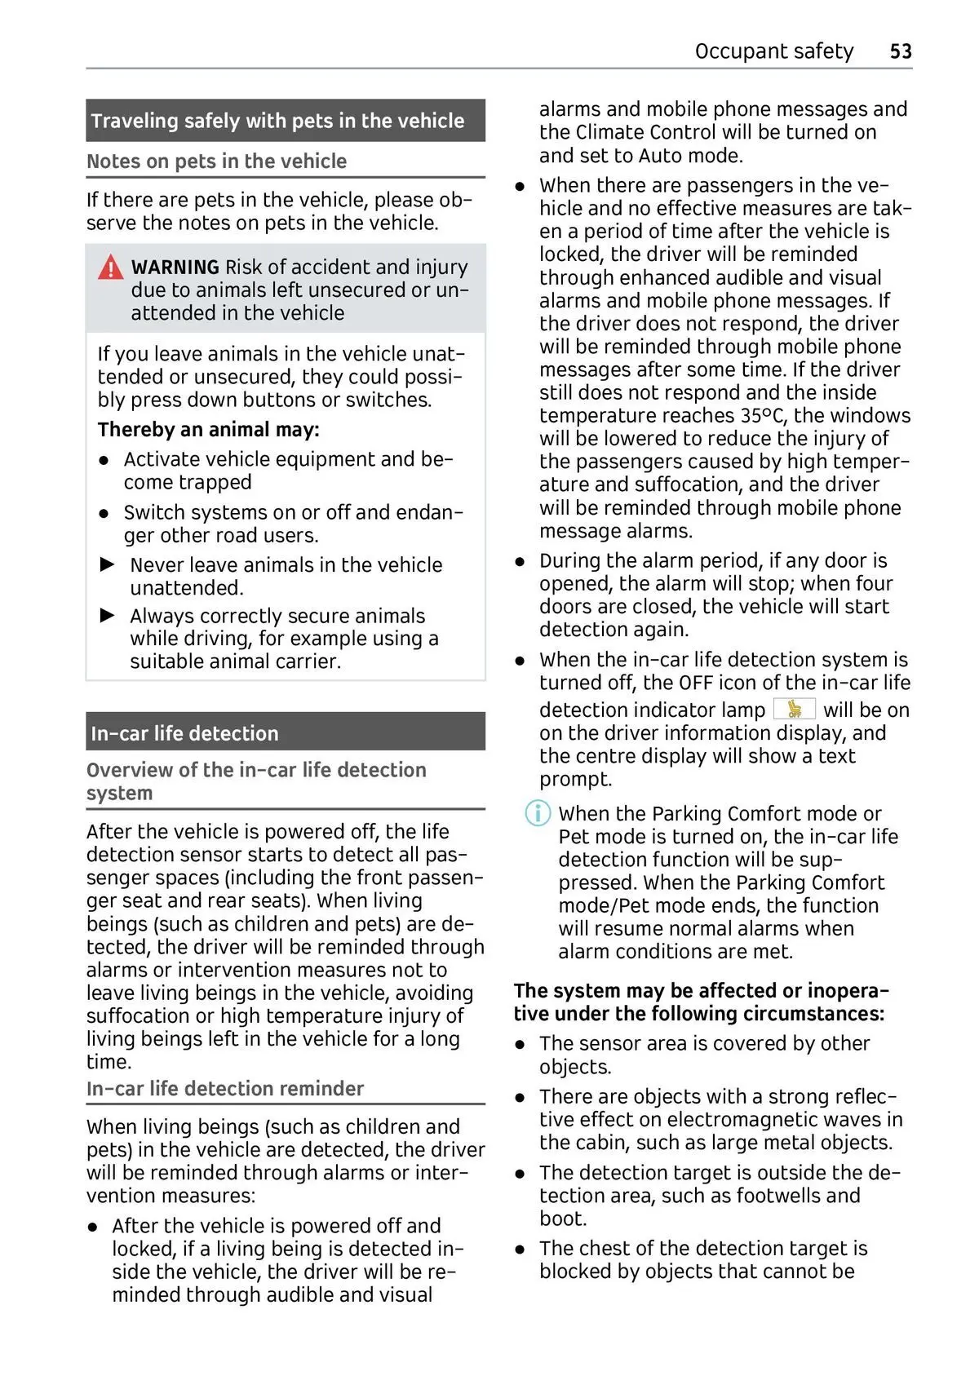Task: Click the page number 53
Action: [900, 51]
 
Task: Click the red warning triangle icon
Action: [110, 268]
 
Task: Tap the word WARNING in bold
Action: [175, 268]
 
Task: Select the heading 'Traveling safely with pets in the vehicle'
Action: [277, 121]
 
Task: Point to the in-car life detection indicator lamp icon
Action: [794, 709]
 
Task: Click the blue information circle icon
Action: [537, 813]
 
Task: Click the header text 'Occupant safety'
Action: [773, 51]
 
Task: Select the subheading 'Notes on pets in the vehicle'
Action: [216, 161]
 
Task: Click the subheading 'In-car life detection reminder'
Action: [225, 1089]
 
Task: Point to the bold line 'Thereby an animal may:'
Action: [208, 430]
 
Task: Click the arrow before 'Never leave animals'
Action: [108, 564]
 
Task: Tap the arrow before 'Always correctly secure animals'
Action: [108, 615]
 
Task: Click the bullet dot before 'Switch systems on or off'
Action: [104, 513]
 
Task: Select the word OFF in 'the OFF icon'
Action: [696, 683]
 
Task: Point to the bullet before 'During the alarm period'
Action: [520, 561]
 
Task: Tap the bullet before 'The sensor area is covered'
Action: [520, 1044]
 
